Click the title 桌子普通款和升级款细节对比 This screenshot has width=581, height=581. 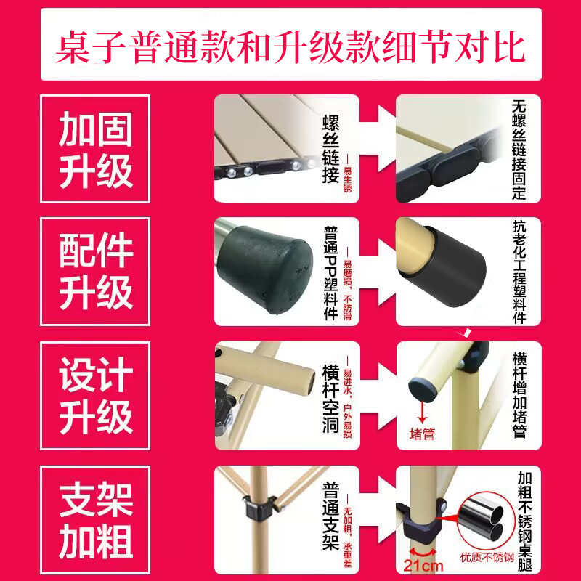(290, 45)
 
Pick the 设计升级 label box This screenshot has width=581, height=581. (95, 394)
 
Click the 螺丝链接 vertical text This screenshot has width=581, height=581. (330, 149)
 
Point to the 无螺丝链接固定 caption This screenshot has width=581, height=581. (518, 149)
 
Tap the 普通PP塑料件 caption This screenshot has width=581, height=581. (330, 272)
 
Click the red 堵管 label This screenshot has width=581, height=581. (422, 434)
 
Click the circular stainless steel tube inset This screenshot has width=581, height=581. (487, 518)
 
